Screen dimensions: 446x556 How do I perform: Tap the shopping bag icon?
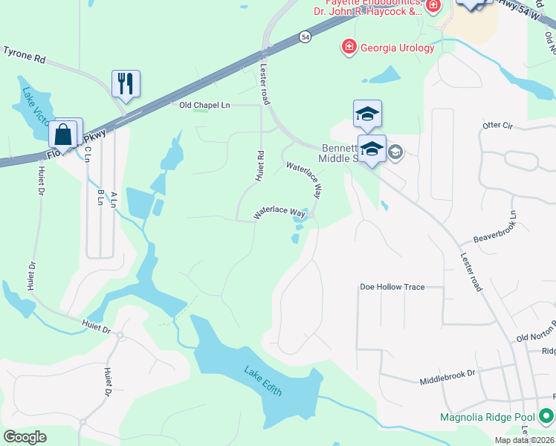[x=64, y=135]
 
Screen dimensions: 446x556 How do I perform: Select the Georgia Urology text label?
[x=397, y=48]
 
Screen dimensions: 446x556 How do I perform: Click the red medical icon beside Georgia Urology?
[x=348, y=48]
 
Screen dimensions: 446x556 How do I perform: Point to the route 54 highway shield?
[x=306, y=36]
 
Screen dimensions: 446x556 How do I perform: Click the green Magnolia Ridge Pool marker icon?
[x=546, y=416]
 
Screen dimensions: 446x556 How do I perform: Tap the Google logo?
[x=25, y=437]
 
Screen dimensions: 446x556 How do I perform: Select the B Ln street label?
[x=100, y=198]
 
